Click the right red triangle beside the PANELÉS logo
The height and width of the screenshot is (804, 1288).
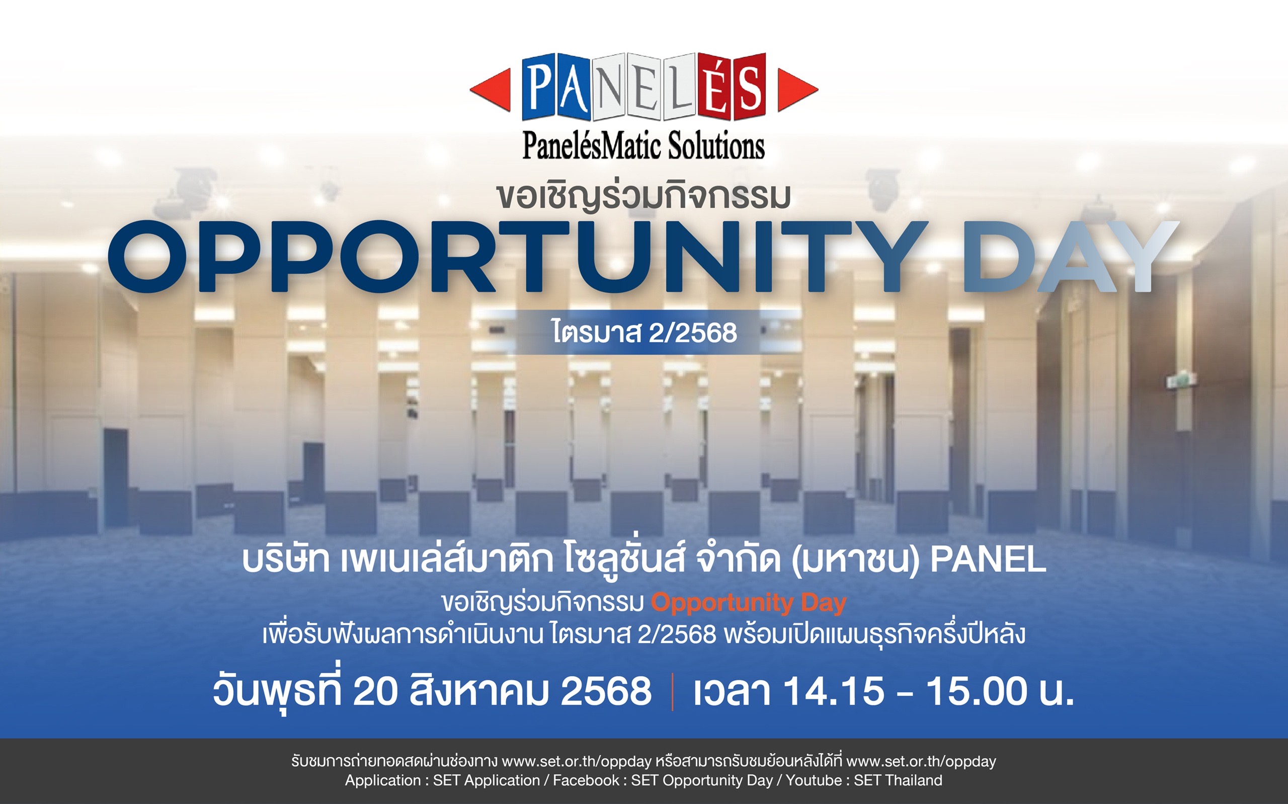pyautogui.click(x=796, y=90)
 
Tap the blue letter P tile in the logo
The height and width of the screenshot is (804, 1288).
pyautogui.click(x=538, y=87)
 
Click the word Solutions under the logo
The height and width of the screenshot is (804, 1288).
pyautogui.click(x=716, y=145)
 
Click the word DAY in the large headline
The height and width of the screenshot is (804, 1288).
pyautogui.click(x=1070, y=256)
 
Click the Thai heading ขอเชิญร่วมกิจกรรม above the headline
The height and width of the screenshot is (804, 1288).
pyautogui.click(x=643, y=196)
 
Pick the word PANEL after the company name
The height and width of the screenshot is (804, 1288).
pyautogui.click(x=988, y=559)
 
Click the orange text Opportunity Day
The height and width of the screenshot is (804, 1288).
pyautogui.click(x=749, y=603)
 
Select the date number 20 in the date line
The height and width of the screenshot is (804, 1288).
pyautogui.click(x=375, y=691)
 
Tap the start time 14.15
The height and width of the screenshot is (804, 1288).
pyautogui.click(x=835, y=691)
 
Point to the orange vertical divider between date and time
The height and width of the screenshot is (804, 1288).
pyautogui.click(x=673, y=691)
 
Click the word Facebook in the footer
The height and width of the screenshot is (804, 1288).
pyautogui.click(x=586, y=780)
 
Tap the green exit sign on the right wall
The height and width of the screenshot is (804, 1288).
pyautogui.click(x=1182, y=380)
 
